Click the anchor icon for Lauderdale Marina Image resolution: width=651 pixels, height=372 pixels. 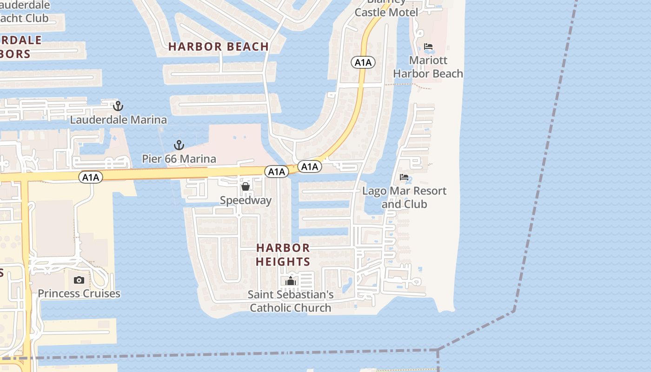[x=118, y=106]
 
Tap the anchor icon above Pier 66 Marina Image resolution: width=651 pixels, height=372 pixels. [x=179, y=145]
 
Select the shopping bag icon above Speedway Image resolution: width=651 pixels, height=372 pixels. [x=246, y=187]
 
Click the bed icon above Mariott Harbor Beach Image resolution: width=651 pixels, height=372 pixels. [x=428, y=46]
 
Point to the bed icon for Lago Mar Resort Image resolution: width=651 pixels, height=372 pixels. [x=404, y=177]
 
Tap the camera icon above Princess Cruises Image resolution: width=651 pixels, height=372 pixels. [x=79, y=280]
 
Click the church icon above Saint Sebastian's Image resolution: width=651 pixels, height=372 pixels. [x=291, y=281]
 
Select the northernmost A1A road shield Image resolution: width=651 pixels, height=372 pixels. [x=364, y=62]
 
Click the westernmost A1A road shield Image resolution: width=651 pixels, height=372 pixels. [x=90, y=177]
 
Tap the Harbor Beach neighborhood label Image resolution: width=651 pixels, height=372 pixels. [x=219, y=46]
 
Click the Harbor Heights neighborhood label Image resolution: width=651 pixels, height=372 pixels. [x=283, y=255]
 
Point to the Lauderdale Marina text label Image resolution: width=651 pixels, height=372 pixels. [x=119, y=120]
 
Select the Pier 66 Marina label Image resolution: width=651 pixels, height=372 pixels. [x=179, y=159]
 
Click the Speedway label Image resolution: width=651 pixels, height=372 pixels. [x=246, y=200]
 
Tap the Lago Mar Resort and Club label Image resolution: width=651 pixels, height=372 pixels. [x=404, y=198]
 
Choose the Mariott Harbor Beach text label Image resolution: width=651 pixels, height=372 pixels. [x=428, y=67]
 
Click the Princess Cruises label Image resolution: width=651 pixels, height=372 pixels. [x=79, y=293]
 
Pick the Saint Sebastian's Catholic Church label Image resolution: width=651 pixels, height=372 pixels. [x=291, y=301]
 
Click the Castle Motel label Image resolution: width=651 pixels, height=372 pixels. [x=386, y=12]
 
